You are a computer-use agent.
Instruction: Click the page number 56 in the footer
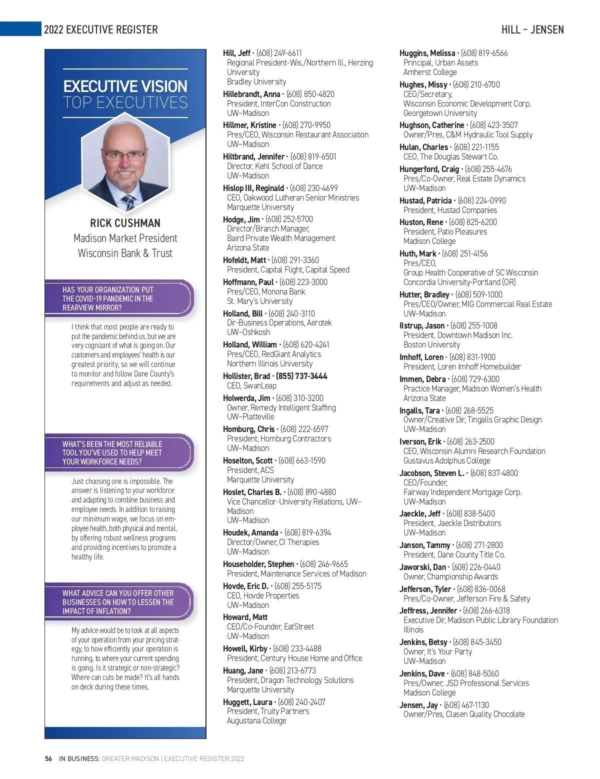(48, 758)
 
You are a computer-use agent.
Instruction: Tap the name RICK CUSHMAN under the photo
(125, 223)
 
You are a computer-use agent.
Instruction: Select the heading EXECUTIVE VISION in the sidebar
(125, 86)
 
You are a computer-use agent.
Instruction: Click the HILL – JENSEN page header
(532, 29)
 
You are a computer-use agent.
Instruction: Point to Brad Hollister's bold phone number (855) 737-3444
(301, 376)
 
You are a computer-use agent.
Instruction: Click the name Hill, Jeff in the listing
(236, 53)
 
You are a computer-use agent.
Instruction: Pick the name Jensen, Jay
(418, 705)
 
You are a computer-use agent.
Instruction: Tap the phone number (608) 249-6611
(279, 53)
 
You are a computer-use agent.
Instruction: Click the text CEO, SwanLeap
(251, 385)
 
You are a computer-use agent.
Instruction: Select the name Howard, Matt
(245, 617)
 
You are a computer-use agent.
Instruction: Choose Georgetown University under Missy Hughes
(440, 113)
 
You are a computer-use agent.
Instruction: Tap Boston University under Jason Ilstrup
(431, 344)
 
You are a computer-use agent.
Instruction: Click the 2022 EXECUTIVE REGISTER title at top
(100, 29)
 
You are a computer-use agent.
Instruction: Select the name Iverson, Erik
(420, 441)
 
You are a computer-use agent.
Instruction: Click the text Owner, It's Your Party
(437, 651)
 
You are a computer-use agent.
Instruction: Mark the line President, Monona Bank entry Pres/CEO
(265, 291)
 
